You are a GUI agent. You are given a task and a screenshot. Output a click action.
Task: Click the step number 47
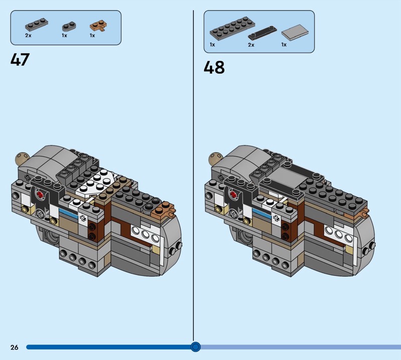click(x=20, y=60)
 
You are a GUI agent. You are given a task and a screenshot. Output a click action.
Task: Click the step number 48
click(x=214, y=67)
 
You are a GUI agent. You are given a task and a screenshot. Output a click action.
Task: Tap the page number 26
click(x=15, y=347)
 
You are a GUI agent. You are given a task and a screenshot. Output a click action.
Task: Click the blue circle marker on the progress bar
click(x=195, y=347)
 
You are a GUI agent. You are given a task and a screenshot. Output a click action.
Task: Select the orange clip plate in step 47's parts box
click(x=98, y=26)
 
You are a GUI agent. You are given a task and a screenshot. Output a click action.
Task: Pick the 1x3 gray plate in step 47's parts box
click(x=36, y=25)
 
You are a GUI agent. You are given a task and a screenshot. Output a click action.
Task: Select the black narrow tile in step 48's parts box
click(x=262, y=33)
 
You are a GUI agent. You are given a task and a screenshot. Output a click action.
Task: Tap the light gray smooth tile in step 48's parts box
click(x=295, y=32)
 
